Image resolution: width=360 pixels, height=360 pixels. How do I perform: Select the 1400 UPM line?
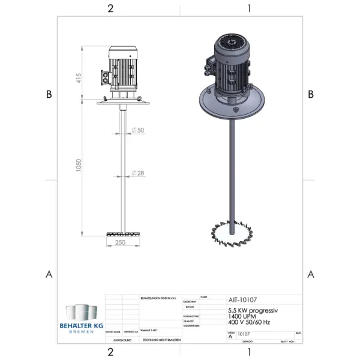(242, 316)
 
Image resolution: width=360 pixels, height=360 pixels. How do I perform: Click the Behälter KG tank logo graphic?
(80, 314)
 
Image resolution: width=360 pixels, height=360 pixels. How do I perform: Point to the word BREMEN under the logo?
(81, 332)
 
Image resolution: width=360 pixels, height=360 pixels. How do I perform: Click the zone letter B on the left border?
(49, 94)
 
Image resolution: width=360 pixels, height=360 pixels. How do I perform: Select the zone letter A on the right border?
(311, 274)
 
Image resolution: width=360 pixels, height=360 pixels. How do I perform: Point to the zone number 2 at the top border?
(110, 8)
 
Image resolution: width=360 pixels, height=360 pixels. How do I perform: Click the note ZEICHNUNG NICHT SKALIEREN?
(160, 340)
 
